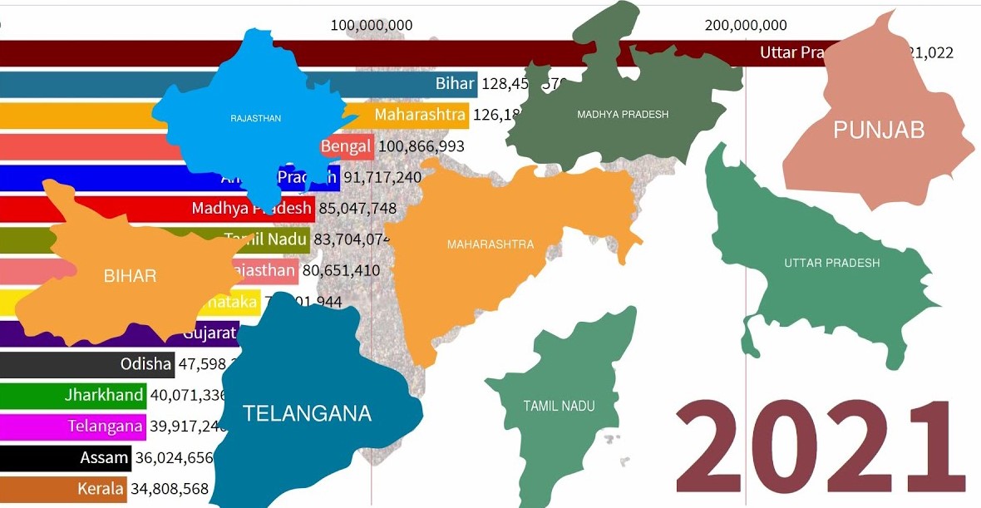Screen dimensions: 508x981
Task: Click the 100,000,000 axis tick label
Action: click(372, 25)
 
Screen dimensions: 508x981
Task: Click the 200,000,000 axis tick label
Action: click(745, 25)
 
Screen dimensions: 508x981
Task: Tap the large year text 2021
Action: click(820, 448)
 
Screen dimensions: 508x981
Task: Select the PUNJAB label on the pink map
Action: click(879, 130)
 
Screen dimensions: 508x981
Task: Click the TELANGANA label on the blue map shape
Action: click(307, 413)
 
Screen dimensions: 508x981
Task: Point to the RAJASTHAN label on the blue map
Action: click(255, 119)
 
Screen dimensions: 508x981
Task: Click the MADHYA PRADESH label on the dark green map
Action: click(623, 114)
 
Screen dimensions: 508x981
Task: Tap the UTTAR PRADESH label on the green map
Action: click(831, 263)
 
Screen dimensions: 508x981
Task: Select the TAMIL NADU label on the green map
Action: click(559, 406)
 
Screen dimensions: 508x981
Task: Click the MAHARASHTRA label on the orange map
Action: click(491, 244)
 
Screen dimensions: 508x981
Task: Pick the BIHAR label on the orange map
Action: click(130, 276)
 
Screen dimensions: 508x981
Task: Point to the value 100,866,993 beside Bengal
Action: click(421, 146)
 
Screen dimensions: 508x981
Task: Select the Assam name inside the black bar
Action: click(105, 457)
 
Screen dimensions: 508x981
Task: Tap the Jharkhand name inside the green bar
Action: click(104, 395)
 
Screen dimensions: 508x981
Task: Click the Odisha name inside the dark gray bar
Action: click(146, 363)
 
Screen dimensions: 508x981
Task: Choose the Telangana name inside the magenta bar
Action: click(105, 426)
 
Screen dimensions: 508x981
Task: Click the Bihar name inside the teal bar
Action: click(455, 83)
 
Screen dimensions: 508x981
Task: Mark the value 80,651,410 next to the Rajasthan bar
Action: click(341, 270)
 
